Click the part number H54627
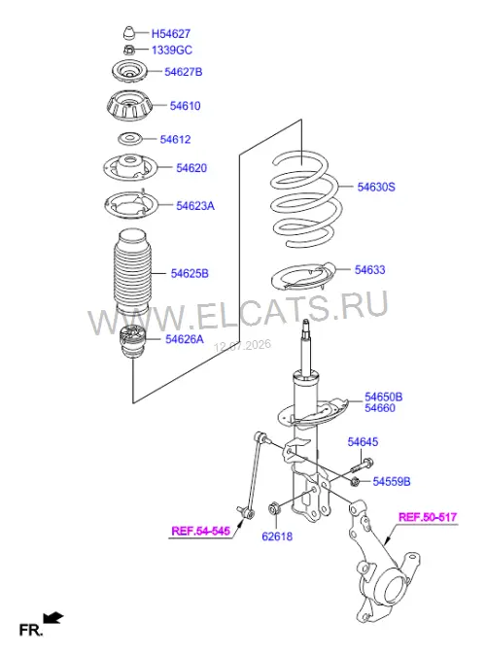(170, 33)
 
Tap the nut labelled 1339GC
(128, 51)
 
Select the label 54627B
(183, 72)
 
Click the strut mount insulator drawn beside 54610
(129, 107)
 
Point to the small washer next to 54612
(129, 139)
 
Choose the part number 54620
(191, 168)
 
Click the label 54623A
(195, 205)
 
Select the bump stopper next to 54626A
(132, 343)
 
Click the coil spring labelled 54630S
(306, 199)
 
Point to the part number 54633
(369, 270)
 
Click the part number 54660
(379, 408)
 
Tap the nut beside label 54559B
(356, 482)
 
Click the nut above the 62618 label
(274, 508)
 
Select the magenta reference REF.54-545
(200, 531)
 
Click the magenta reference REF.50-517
(427, 517)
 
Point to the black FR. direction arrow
(53, 618)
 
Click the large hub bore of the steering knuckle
(394, 590)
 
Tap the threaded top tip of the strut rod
(306, 324)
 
